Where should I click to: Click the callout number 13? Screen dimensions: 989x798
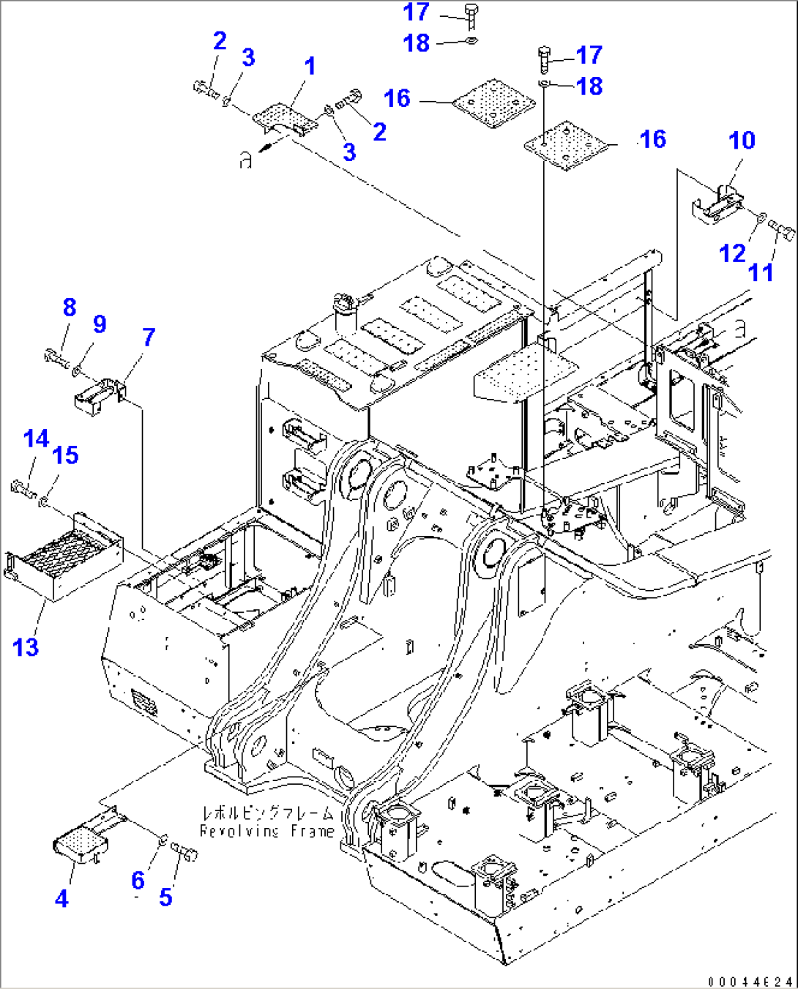tap(26, 647)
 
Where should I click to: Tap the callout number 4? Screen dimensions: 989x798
tap(61, 898)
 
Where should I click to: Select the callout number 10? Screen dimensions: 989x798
tap(742, 140)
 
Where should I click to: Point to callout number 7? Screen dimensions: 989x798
tap(149, 337)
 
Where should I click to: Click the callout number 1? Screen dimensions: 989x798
tap(310, 67)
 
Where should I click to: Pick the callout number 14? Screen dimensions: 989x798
tap(36, 438)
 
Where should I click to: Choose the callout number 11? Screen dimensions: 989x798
tap(761, 272)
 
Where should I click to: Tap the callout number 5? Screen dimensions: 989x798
tap(165, 897)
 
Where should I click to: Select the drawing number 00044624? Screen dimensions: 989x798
tap(750, 980)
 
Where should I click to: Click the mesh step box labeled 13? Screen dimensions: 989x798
tap(62, 560)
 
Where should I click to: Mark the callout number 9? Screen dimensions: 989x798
tap(100, 324)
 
